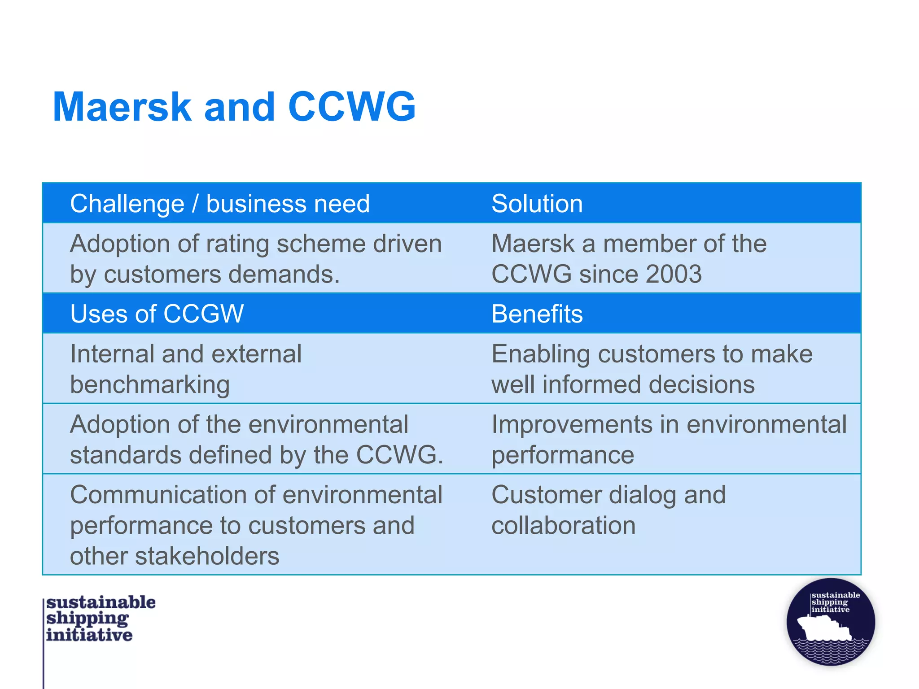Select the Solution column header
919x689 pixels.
[537, 204]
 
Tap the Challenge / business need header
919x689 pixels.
[220, 204]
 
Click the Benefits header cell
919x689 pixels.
[537, 314]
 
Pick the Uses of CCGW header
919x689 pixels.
[157, 314]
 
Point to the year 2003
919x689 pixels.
[674, 274]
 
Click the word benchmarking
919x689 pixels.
[150, 385]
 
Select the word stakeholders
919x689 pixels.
[207, 556]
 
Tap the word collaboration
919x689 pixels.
[564, 525]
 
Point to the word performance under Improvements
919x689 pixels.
[563, 455]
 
